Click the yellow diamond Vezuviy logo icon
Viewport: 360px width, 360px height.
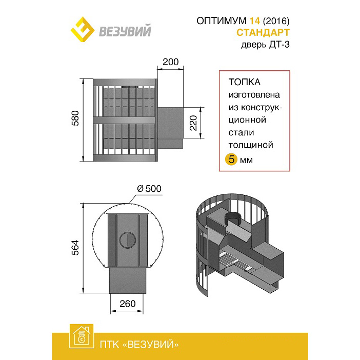pos(83,30)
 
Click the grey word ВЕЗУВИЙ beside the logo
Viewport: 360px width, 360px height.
pos(125,31)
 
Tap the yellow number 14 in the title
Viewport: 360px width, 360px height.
pos(255,21)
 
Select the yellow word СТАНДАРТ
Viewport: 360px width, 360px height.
pos(263,32)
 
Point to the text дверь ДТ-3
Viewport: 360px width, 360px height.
pos(265,44)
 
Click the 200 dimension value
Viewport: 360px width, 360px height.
pos(170,62)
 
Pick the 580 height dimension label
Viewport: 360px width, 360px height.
pos(75,118)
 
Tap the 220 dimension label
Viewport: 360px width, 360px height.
pos(193,123)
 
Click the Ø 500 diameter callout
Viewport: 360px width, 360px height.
pos(149,189)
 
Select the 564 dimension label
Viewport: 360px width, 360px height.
pos(75,248)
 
